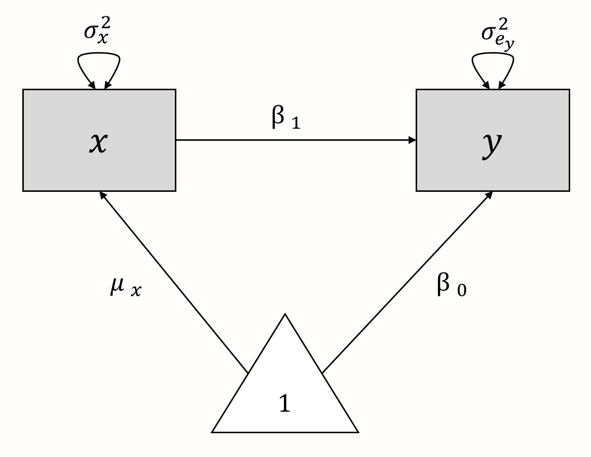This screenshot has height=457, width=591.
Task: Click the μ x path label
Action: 125,288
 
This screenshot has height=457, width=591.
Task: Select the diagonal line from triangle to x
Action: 173,283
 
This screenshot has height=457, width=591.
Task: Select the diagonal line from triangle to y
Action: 406,283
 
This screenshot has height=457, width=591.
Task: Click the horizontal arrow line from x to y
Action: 295,140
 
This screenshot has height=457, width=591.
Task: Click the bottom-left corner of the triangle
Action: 213,432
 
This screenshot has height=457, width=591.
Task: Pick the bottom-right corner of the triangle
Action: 357,432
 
